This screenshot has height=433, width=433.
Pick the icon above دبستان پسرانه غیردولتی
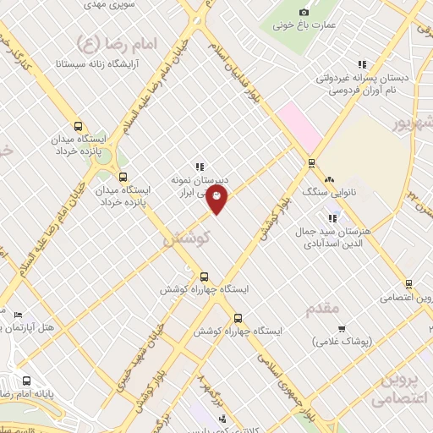362,64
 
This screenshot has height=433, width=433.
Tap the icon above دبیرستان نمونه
200,167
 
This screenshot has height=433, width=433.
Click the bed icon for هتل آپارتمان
19,315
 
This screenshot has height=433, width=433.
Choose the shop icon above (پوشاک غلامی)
342,329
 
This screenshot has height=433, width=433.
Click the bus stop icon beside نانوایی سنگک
312,163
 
